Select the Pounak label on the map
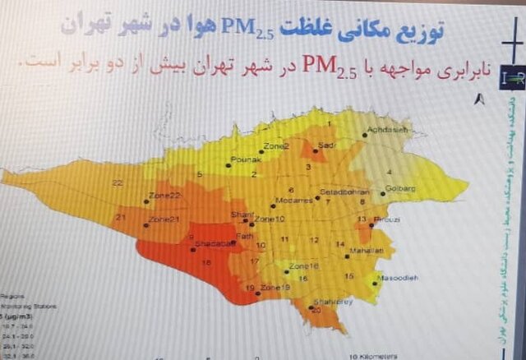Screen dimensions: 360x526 point(246,159)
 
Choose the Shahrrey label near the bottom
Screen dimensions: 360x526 point(325,302)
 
